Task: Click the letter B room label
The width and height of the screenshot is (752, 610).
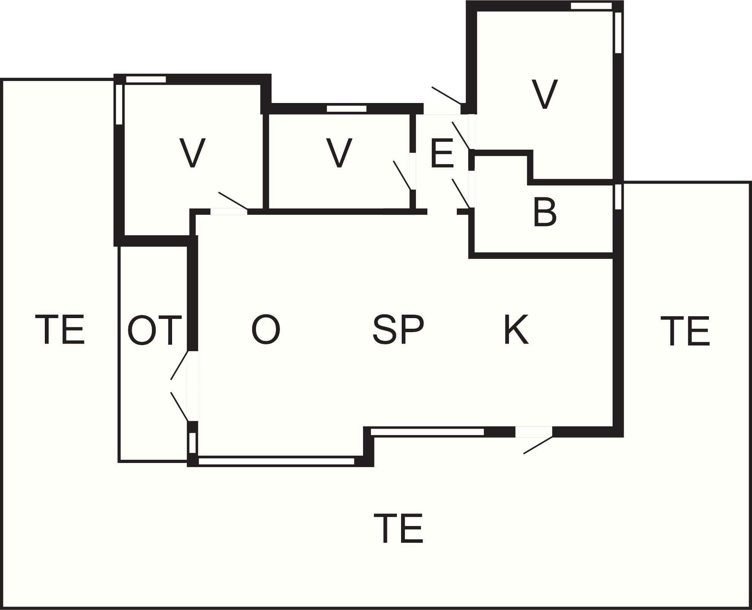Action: pyautogui.click(x=545, y=212)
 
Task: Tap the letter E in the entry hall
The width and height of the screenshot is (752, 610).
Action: pyautogui.click(x=442, y=154)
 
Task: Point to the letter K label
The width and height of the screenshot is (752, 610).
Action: pyautogui.click(x=516, y=330)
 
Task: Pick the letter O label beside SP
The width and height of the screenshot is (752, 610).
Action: pyautogui.click(x=266, y=330)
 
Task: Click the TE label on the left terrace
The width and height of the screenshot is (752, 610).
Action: pyautogui.click(x=60, y=330)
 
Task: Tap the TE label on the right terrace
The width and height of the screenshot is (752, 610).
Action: pyautogui.click(x=685, y=331)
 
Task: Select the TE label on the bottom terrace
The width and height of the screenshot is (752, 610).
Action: pyautogui.click(x=398, y=528)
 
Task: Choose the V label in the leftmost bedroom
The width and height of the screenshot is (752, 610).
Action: pyautogui.click(x=193, y=153)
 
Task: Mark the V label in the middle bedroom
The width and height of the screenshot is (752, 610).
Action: pyautogui.click(x=339, y=153)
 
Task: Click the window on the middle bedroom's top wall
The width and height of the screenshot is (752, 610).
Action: pyautogui.click(x=346, y=109)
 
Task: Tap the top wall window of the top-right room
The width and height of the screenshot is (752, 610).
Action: pyautogui.click(x=591, y=6)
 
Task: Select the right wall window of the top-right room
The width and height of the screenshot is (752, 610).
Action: pyautogui.click(x=618, y=33)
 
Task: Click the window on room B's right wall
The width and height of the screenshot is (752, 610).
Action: pyautogui.click(x=618, y=196)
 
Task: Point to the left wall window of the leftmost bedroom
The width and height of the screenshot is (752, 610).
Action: pyautogui.click(x=119, y=105)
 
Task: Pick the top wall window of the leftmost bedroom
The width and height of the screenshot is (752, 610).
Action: pyautogui.click(x=146, y=79)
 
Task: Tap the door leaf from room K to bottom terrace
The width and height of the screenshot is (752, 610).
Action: pyautogui.click(x=538, y=445)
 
